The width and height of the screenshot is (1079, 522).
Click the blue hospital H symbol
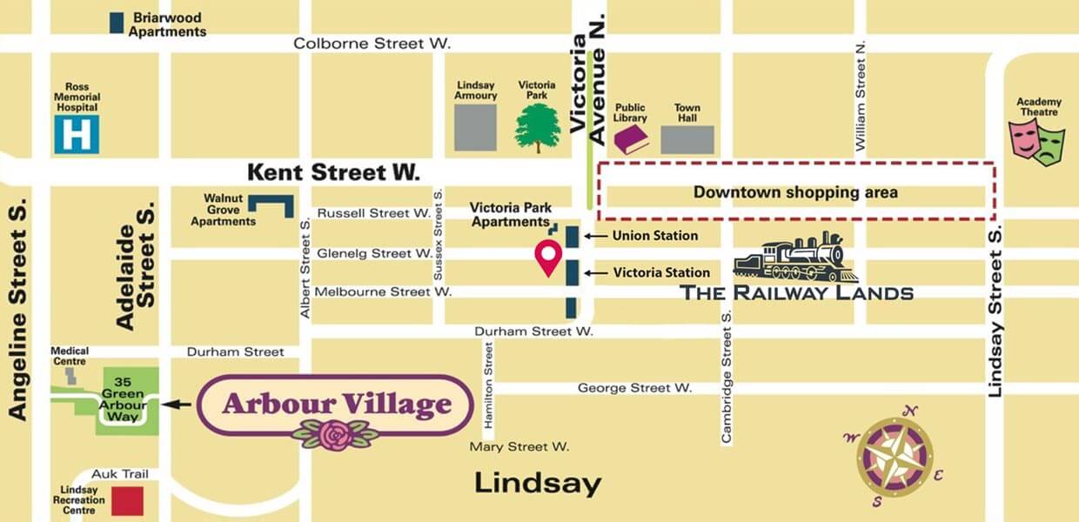(77, 135)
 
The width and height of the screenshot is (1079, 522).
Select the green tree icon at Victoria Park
(538, 128)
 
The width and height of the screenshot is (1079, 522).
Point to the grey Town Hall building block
(687, 140)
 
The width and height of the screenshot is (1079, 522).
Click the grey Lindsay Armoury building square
(476, 128)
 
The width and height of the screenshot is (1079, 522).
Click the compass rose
(895, 457)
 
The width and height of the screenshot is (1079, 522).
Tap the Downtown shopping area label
(794, 192)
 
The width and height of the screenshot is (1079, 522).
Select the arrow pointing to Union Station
(595, 236)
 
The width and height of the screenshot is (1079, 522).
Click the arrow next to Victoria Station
(595, 273)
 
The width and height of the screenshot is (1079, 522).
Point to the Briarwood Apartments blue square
(116, 23)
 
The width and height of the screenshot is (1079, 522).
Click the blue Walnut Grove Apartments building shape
(271, 206)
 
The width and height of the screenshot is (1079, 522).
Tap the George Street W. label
(634, 388)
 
